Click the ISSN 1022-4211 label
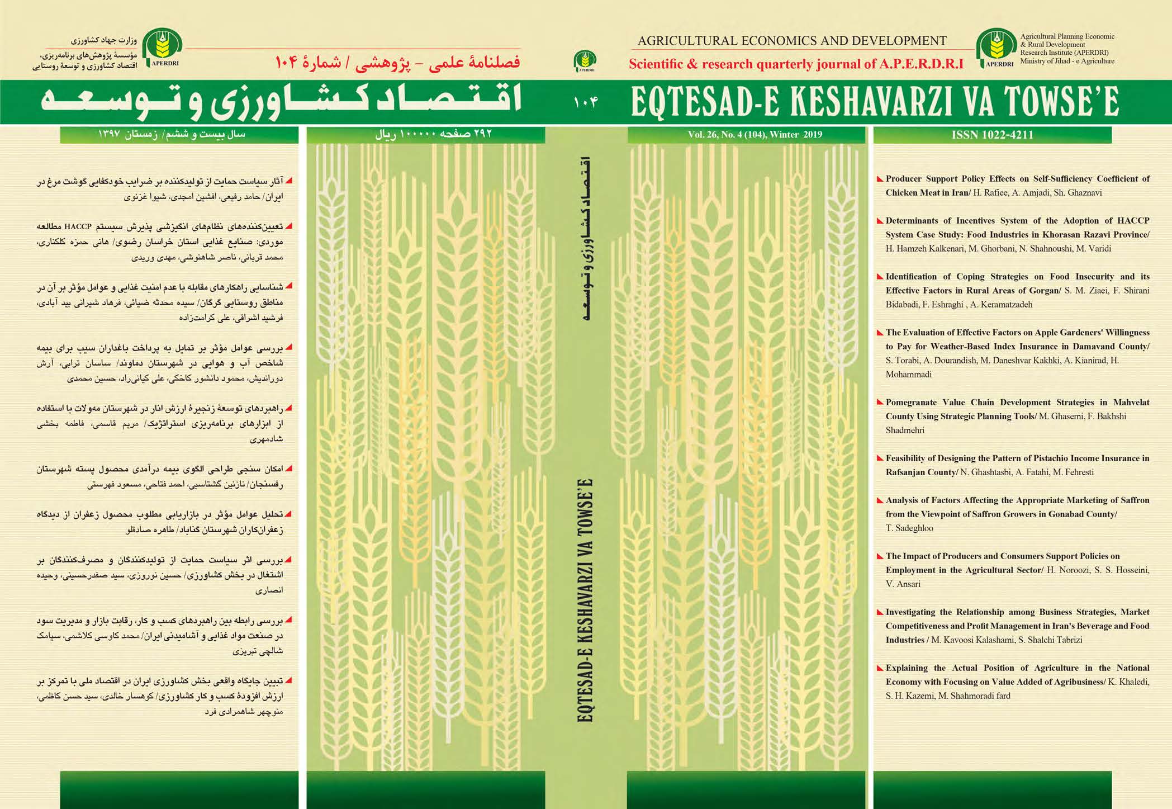(992, 135)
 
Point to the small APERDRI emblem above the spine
(585, 61)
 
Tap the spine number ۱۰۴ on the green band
(585, 102)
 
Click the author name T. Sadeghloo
(909, 528)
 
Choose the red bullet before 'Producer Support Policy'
(880, 179)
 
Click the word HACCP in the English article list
(1133, 220)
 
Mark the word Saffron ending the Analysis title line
(1135, 500)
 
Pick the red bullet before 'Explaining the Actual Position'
(880, 668)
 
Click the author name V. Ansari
(903, 584)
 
